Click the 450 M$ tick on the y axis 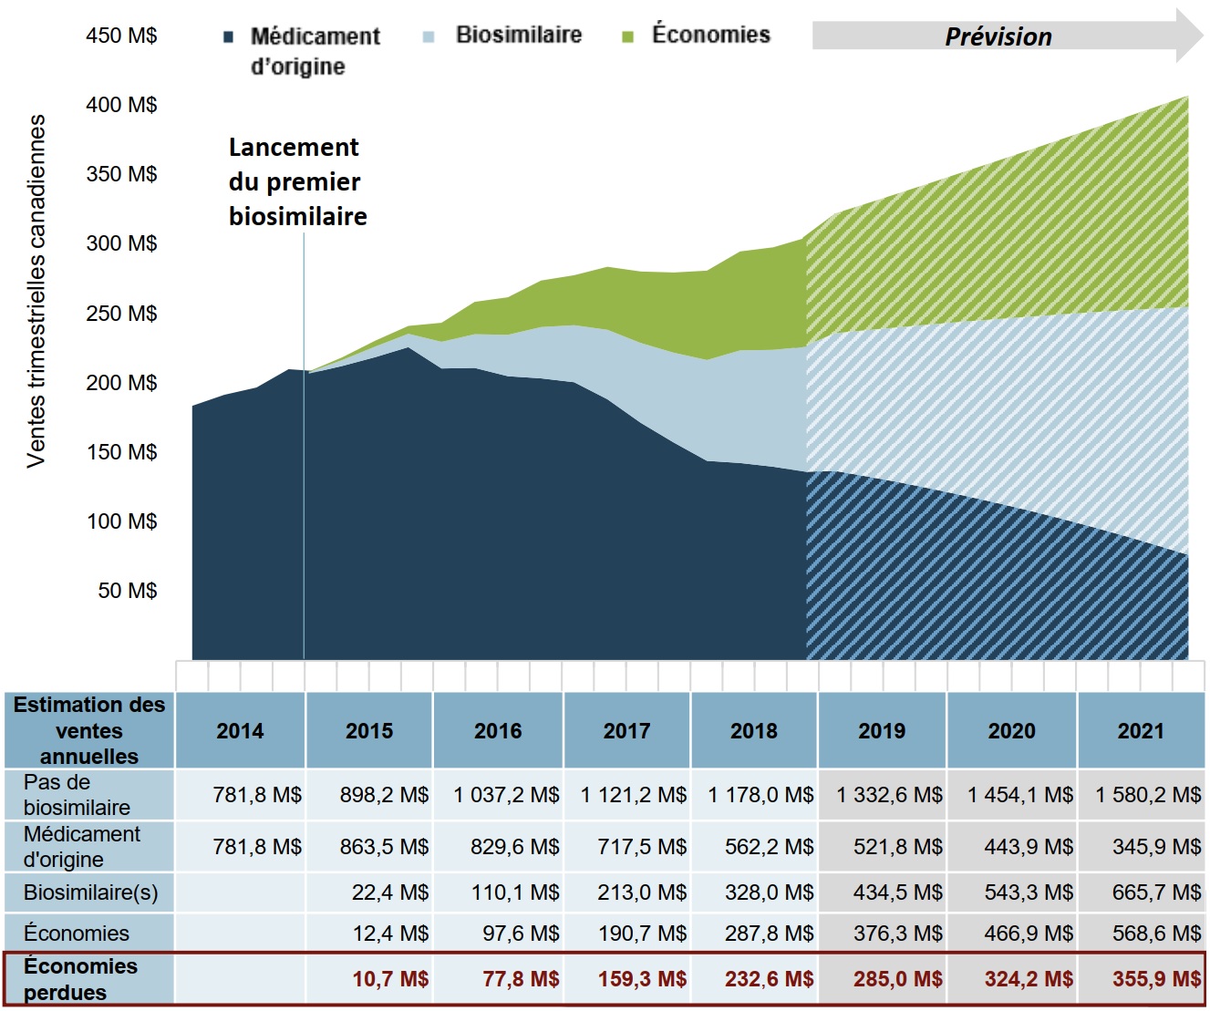121,36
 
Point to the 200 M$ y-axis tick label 121,383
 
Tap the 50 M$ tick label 128,591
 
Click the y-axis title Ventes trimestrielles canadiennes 36,291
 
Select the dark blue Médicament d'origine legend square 229,37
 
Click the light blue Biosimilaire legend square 429,37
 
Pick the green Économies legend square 627,37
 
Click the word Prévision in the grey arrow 998,37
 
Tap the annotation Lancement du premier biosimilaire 297,182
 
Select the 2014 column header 240,731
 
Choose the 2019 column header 882,731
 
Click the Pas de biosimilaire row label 77,795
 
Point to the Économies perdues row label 80,979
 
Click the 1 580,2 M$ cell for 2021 1148,795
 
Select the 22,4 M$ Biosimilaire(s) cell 390,892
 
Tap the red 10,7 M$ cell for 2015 390,979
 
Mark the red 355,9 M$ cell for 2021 1156,979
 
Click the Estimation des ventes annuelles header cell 89,730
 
